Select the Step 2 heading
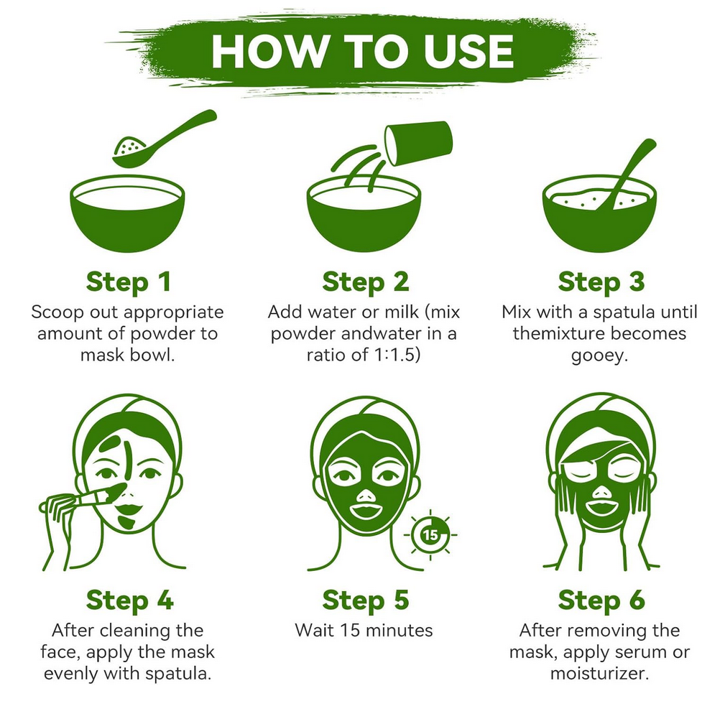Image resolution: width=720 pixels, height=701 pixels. [366, 282]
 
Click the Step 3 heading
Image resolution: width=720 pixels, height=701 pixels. [601, 282]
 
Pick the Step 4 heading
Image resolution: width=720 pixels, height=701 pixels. [129, 600]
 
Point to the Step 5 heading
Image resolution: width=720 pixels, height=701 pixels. [366, 600]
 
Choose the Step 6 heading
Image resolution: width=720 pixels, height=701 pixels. [601, 600]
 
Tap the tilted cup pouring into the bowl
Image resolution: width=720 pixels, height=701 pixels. [418, 143]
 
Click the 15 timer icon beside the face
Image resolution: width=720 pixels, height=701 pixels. [430, 535]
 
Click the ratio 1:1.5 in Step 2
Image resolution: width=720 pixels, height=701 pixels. [395, 355]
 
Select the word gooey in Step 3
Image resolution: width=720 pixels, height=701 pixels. [599, 356]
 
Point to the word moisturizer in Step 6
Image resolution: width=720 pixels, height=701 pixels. [599, 674]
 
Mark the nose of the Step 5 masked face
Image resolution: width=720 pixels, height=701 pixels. [366, 495]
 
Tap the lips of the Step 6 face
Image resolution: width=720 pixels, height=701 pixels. [601, 507]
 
